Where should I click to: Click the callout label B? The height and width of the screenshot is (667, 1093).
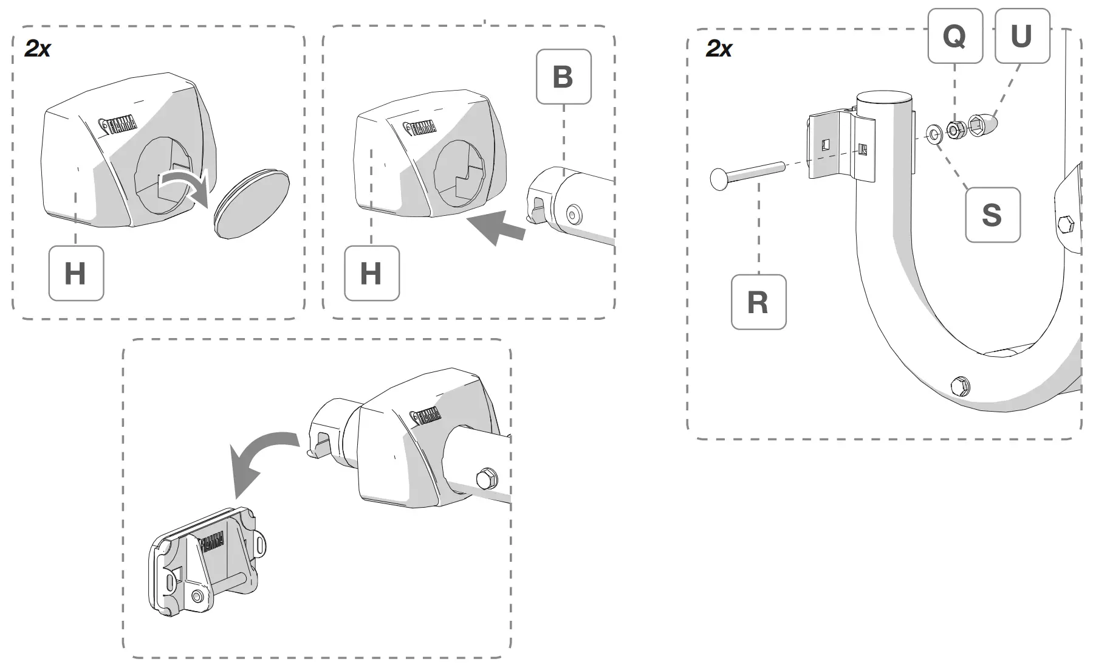pos(563,77)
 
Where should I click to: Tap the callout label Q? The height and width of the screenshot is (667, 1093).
pos(954,36)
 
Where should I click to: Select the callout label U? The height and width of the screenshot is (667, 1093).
pos(1021,36)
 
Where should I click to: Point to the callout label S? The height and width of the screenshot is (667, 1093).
pos(992,215)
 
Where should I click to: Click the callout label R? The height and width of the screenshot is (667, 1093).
pos(758,302)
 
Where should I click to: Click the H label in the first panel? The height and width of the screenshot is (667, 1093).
pos(76,274)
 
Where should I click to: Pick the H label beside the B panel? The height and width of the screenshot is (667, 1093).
pos(371,274)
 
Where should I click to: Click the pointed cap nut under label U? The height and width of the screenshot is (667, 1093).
pos(984,125)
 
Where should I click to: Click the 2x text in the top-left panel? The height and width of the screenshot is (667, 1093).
pos(38,49)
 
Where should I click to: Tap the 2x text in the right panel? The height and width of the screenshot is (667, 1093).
pos(719,49)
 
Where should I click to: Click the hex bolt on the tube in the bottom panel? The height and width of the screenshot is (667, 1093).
pos(487,478)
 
